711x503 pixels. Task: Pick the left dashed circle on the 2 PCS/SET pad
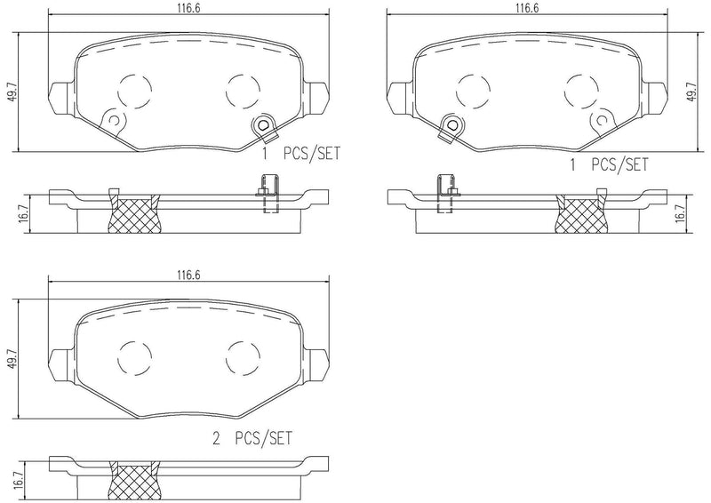tap(132, 357)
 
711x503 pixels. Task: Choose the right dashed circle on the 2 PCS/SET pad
tap(242, 357)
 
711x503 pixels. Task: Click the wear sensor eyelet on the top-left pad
tap(262, 127)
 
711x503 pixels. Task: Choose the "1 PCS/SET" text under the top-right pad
tap(609, 164)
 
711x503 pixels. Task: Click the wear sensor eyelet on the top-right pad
tap(450, 127)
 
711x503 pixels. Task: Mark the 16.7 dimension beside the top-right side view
tap(680, 213)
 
